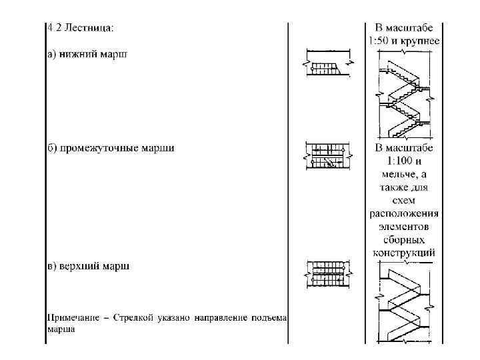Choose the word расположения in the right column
coord(404,214)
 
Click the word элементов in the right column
coord(404,227)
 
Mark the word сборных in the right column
coord(404,239)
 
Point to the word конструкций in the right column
coord(404,253)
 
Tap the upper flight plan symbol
coord(327,273)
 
